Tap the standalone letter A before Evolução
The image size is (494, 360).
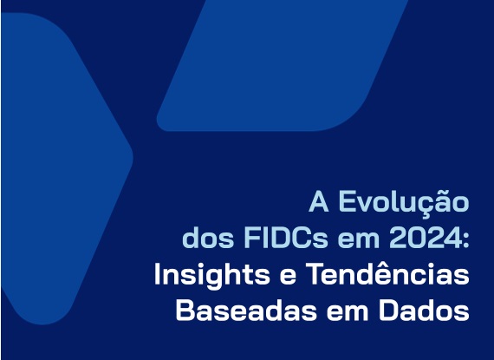(319, 202)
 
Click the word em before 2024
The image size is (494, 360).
(359, 240)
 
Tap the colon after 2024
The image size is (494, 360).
(465, 240)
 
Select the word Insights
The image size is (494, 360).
(211, 275)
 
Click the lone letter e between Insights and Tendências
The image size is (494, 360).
(288, 277)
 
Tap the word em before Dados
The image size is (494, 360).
(348, 312)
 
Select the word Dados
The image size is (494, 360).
(424, 310)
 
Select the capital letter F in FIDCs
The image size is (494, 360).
(251, 238)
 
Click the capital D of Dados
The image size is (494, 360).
(387, 310)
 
